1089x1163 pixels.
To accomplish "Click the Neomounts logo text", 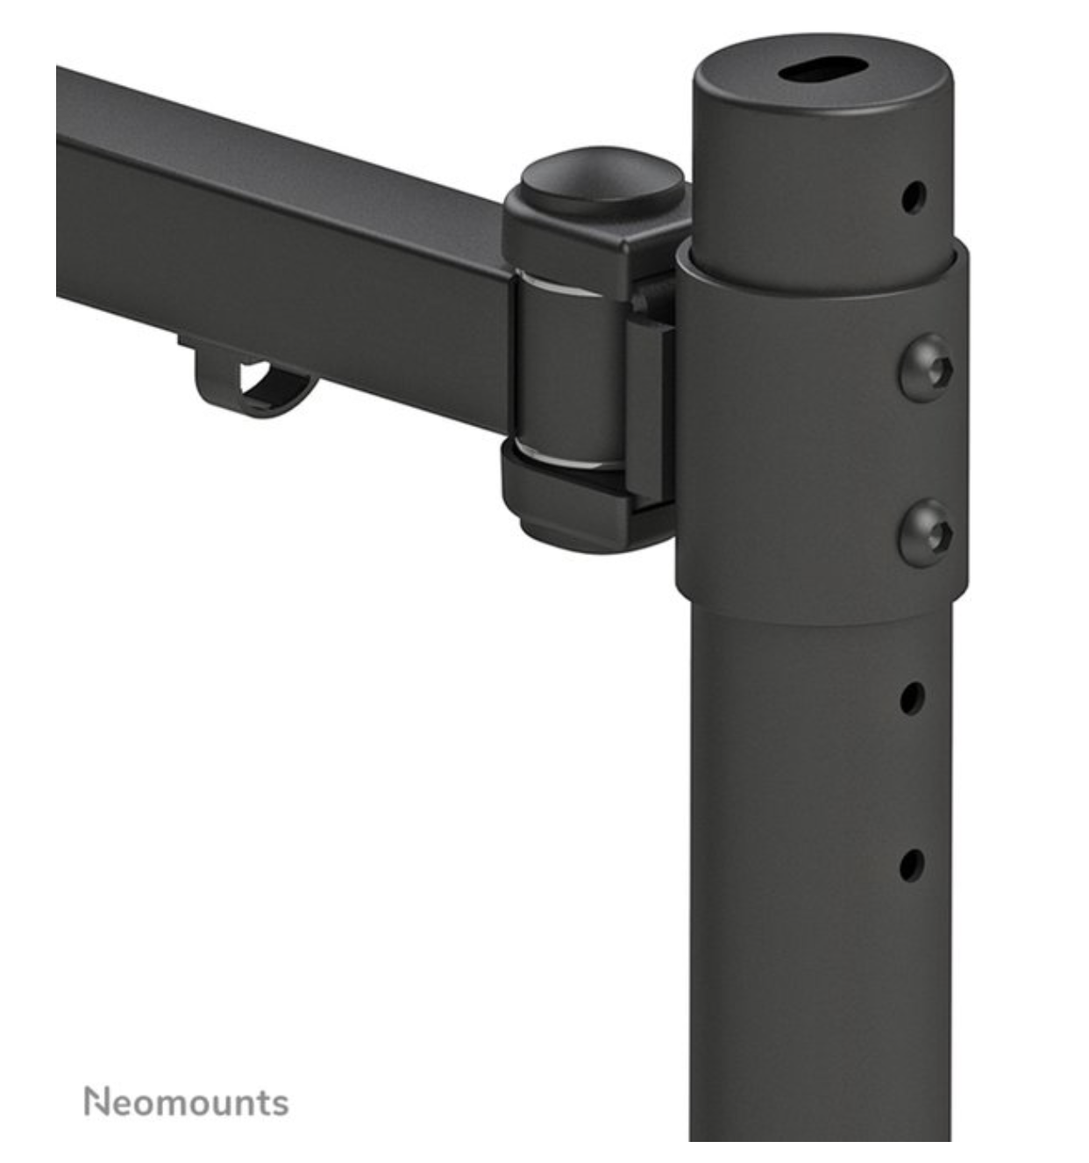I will (x=186, y=1102).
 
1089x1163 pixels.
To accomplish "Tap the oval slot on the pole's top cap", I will (x=822, y=72).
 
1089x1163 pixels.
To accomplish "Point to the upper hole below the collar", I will (x=912, y=698).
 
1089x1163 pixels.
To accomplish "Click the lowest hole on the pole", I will (x=911, y=864).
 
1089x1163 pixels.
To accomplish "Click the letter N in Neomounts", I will (x=95, y=1102).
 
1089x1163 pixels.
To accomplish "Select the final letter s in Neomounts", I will (x=280, y=1104).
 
